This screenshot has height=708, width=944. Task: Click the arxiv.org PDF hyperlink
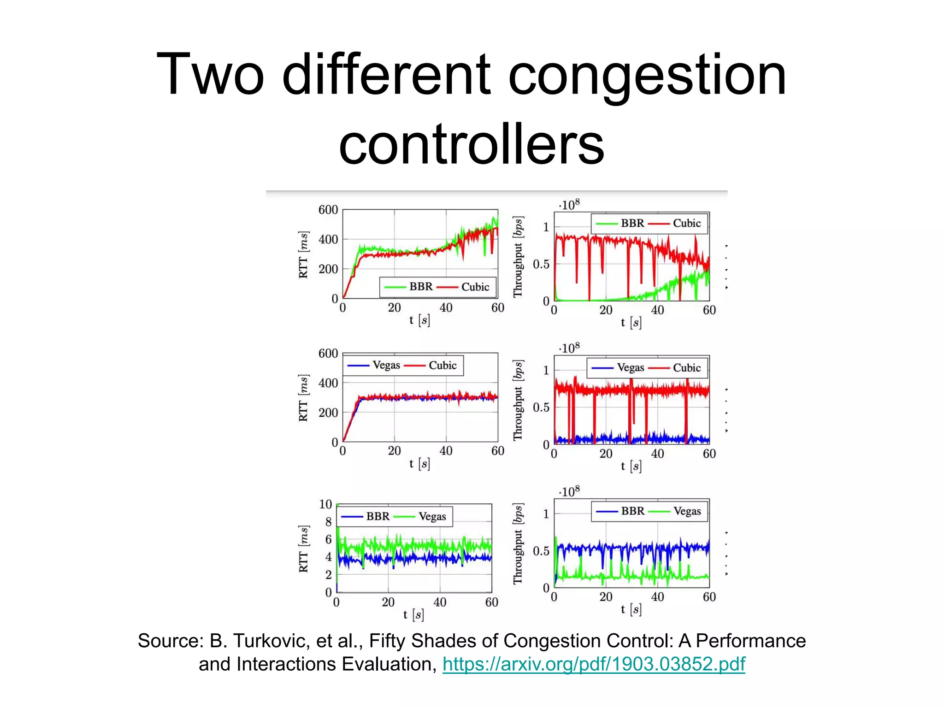[x=593, y=664]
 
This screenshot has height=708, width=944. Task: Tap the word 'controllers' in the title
[x=471, y=144]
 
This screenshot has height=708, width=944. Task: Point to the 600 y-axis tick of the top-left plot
[x=328, y=210]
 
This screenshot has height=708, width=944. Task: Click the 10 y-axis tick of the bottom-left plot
[x=325, y=504]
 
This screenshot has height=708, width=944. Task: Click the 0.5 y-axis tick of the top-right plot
[x=541, y=264]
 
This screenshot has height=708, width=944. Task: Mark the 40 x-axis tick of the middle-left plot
[x=446, y=451]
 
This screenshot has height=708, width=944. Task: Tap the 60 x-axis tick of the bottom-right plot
[x=709, y=597]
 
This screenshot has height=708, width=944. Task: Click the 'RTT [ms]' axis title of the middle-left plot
[x=303, y=398]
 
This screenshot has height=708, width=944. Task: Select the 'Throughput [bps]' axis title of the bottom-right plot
[x=519, y=544]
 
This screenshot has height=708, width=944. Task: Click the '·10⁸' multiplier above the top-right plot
[x=569, y=205]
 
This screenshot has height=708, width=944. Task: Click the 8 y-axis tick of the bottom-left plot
[x=328, y=522]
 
